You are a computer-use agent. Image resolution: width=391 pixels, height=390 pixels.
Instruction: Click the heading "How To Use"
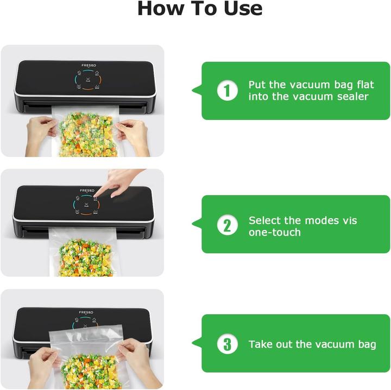point(199,9)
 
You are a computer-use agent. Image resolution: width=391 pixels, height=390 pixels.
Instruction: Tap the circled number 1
point(227,91)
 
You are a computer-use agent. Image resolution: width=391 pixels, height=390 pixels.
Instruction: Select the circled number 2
point(227,225)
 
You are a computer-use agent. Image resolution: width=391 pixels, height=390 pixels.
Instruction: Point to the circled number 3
point(227,344)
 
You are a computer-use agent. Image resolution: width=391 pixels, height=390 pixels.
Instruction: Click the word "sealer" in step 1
point(351,97)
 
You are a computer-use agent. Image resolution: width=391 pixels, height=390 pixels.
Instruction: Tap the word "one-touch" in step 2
point(274,232)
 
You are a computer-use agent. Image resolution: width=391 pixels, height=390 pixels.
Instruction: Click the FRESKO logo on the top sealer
point(89,66)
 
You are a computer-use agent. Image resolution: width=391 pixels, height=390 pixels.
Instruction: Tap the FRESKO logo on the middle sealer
point(87,190)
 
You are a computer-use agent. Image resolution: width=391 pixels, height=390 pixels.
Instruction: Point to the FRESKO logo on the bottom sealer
point(86,312)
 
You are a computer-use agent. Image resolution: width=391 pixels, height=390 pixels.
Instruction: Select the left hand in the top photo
point(40,131)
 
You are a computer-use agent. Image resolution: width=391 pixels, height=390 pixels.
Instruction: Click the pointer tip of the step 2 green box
point(192,224)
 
